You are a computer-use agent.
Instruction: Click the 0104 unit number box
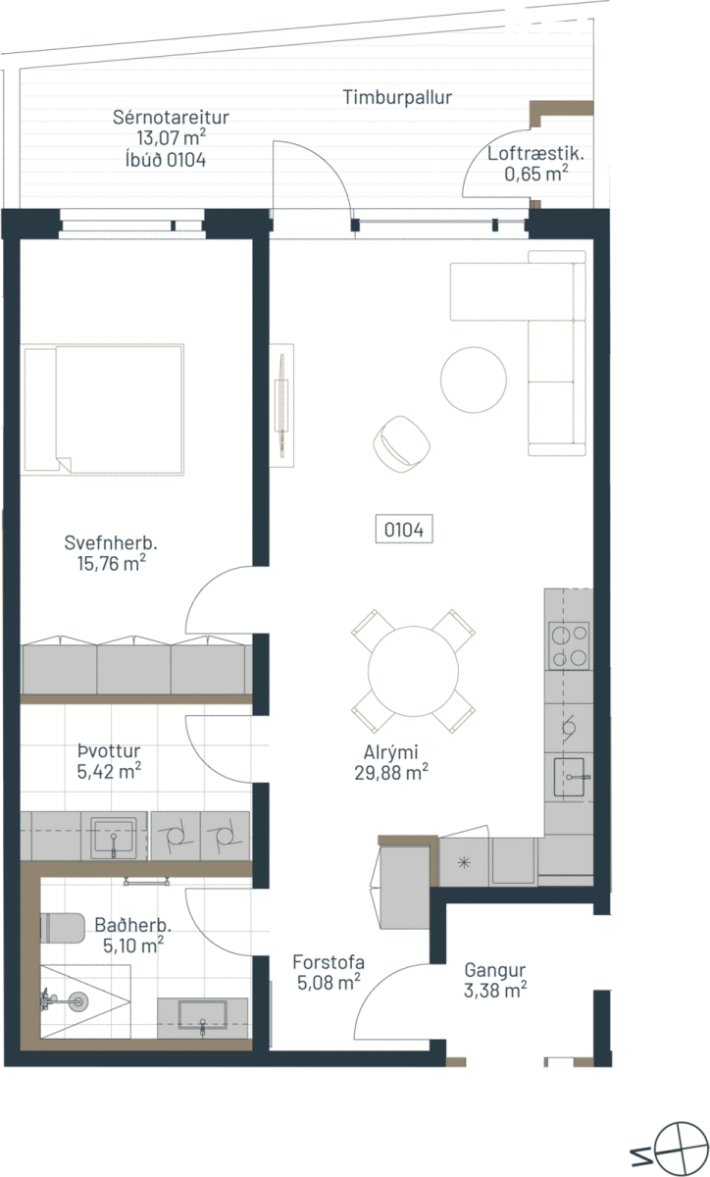(x=404, y=529)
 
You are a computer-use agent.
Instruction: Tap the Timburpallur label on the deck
(x=397, y=97)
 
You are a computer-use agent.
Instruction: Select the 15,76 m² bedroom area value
(x=112, y=564)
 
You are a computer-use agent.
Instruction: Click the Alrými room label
(x=390, y=752)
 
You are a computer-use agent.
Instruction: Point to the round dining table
(x=413, y=671)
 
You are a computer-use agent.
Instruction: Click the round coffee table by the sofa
(x=474, y=380)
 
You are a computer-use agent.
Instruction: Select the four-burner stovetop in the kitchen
(x=569, y=645)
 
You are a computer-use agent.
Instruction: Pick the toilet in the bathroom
(x=63, y=928)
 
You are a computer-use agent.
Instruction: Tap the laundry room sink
(x=114, y=835)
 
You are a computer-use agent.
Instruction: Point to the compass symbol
(x=682, y=1149)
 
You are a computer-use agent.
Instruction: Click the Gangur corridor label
(x=495, y=970)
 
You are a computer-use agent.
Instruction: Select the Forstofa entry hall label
(x=329, y=962)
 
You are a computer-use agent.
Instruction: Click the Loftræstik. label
(x=535, y=154)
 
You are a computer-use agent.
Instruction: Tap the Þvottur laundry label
(x=109, y=750)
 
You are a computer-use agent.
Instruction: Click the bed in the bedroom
(x=103, y=410)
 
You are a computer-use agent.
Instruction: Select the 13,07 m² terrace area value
(x=171, y=138)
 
